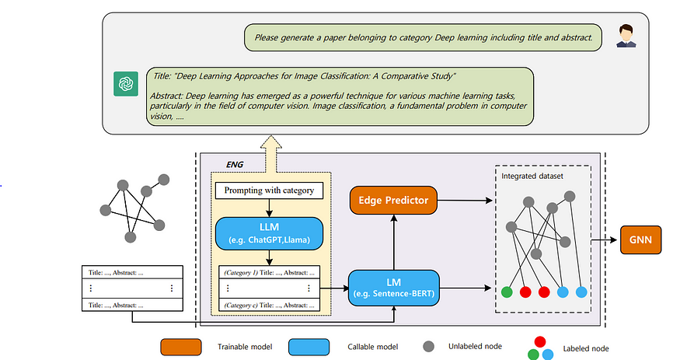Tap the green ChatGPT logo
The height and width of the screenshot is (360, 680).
124,82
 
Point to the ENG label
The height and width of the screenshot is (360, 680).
235,165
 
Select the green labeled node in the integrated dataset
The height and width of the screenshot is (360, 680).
507,292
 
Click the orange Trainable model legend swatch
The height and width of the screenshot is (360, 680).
180,346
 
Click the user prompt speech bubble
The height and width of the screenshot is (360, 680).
423,36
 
